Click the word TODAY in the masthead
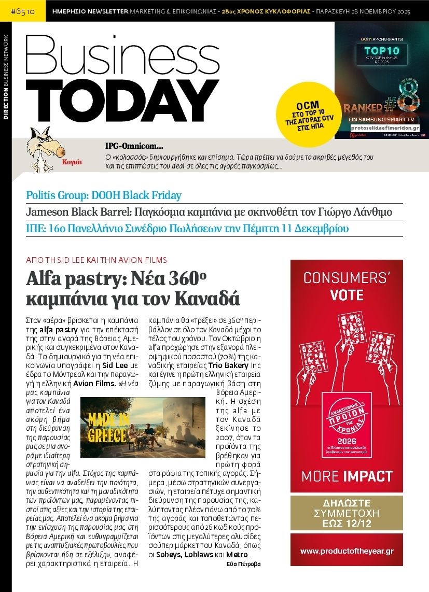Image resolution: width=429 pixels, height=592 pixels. click(122, 101)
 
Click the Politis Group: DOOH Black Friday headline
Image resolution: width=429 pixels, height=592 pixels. click(104, 195)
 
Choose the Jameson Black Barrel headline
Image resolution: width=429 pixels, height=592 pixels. click(209, 212)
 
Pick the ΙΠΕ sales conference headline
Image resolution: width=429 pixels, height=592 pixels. click(187, 228)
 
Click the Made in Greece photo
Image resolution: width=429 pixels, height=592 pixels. click(143, 427)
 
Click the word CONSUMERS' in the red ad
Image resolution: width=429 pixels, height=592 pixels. click(347, 278)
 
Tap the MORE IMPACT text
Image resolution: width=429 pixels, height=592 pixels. click(347, 476)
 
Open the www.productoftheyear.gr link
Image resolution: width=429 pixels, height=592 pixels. click(347, 551)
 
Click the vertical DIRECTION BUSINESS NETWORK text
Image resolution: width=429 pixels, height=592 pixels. click(6, 78)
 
